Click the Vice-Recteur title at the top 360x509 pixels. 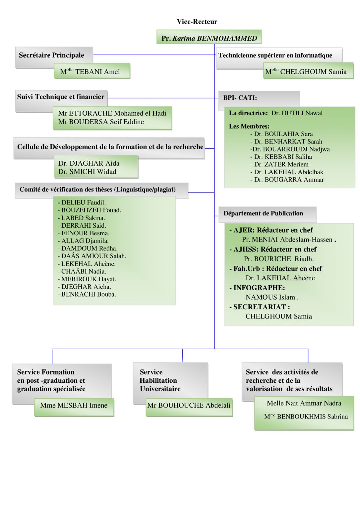tap(197, 22)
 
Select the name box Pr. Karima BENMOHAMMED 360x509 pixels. tap(209, 38)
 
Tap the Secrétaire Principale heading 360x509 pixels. tap(51, 55)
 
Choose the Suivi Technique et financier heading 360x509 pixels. tap(61, 97)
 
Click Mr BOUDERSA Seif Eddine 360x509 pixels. tap(101, 122)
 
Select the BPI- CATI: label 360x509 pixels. tap(240, 98)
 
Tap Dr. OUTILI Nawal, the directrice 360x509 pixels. tap(297, 113)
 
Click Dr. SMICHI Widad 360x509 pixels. tap(87, 172)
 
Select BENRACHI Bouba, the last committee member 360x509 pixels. tap(88, 294)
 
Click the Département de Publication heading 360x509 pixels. tap(263, 213)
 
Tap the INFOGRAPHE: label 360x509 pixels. tap(259, 288)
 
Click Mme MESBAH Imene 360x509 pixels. tap(74, 405)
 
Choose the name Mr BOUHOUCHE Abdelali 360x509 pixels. tap(189, 405)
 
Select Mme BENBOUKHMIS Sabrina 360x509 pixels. tap(306, 417)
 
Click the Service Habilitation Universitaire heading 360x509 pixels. tap(160, 380)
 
